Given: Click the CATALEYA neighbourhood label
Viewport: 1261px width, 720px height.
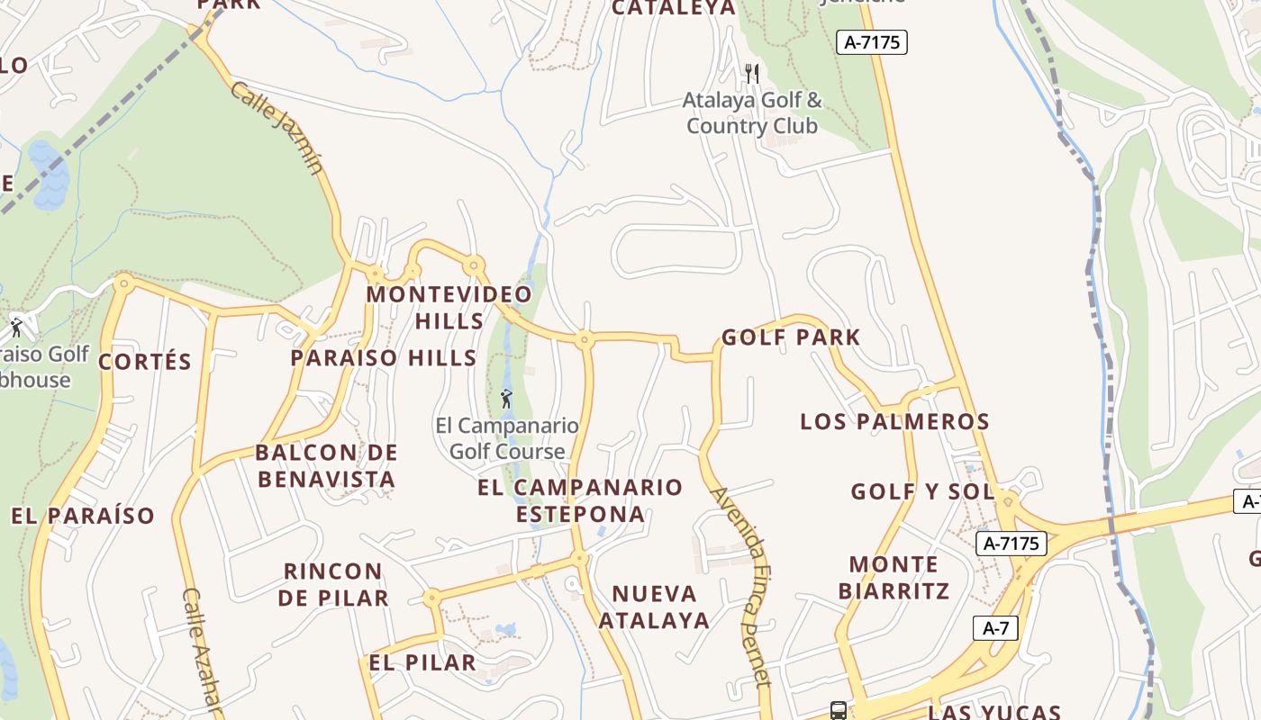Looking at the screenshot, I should click(674, 8).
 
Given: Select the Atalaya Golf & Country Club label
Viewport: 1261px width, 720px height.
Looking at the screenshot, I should click(752, 112).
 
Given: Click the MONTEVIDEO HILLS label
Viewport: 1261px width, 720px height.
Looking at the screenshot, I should click(449, 308).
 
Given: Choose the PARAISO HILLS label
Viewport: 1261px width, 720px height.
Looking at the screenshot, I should click(384, 358).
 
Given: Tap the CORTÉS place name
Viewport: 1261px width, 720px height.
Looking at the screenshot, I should click(145, 362).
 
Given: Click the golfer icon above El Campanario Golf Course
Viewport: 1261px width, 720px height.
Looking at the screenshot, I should click(507, 398).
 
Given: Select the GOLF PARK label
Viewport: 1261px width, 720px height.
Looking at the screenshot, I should click(791, 337).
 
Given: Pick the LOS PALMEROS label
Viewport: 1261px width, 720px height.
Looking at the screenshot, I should click(894, 421).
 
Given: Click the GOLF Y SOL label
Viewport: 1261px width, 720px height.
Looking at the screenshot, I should click(922, 491).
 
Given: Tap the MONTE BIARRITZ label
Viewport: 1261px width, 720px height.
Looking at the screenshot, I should click(894, 578).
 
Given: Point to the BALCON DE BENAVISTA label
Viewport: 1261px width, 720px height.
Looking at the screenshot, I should click(326, 465).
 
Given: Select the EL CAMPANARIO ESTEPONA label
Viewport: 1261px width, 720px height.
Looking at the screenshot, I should click(580, 500).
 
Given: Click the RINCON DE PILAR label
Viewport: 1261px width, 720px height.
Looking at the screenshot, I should click(332, 584).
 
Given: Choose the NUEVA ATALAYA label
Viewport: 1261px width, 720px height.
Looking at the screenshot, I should click(654, 607).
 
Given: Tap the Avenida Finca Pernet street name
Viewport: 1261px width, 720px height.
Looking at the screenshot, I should click(742, 586).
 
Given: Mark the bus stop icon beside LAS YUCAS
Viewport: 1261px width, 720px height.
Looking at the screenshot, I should click(838, 711).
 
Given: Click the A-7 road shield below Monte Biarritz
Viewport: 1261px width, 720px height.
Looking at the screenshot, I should click(995, 628).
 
